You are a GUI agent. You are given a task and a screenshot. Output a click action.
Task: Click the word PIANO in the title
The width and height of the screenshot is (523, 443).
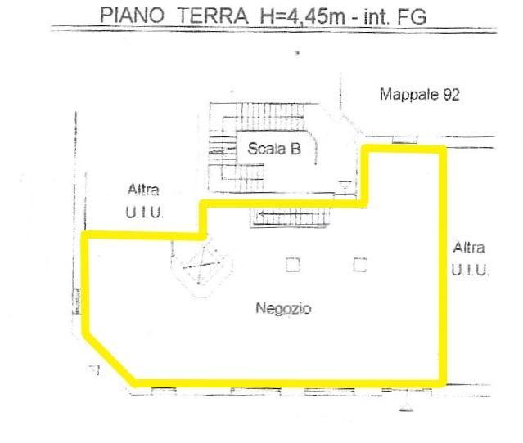pyautogui.click(x=133, y=16)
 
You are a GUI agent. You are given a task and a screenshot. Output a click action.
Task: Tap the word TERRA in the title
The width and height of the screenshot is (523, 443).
pyautogui.click(x=213, y=16)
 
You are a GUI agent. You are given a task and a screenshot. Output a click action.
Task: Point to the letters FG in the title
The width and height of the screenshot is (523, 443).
pyautogui.click(x=412, y=16)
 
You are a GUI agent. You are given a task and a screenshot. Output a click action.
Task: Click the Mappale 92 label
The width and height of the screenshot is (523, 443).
pyautogui.click(x=420, y=95)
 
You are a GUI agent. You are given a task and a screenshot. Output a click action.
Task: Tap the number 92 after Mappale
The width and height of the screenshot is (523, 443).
pyautogui.click(x=451, y=95)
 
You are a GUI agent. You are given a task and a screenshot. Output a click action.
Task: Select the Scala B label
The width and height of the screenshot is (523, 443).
pyautogui.click(x=274, y=149)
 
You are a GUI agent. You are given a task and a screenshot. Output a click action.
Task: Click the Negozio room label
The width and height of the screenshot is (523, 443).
pyautogui.click(x=283, y=308)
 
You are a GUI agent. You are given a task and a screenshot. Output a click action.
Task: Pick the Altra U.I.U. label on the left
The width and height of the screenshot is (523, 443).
pyautogui.click(x=144, y=201)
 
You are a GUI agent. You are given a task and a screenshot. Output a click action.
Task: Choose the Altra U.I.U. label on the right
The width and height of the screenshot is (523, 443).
pyautogui.click(x=470, y=259)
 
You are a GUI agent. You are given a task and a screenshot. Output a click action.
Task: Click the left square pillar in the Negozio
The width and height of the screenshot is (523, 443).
pyautogui.click(x=293, y=265)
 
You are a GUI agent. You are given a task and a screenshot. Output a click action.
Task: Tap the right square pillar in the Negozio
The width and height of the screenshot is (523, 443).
pyautogui.click(x=360, y=265)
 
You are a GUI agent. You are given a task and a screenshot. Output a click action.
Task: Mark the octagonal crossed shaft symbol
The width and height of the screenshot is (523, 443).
pyautogui.click(x=201, y=266)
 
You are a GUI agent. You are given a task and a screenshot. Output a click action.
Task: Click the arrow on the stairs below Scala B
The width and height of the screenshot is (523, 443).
pyautogui.click(x=291, y=214)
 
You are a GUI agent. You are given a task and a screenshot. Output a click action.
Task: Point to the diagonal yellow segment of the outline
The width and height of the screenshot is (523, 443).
pyautogui.click(x=109, y=359)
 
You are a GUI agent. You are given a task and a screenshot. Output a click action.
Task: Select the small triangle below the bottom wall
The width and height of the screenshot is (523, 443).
pyautogui.click(x=406, y=407)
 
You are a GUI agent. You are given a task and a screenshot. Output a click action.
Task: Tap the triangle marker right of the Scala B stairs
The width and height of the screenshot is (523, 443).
pyautogui.click(x=345, y=186)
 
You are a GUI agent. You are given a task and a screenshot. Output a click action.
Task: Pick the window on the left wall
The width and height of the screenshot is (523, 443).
pyautogui.click(x=77, y=302)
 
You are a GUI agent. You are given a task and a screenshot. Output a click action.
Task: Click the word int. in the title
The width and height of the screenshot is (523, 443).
pyautogui.click(x=376, y=16)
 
